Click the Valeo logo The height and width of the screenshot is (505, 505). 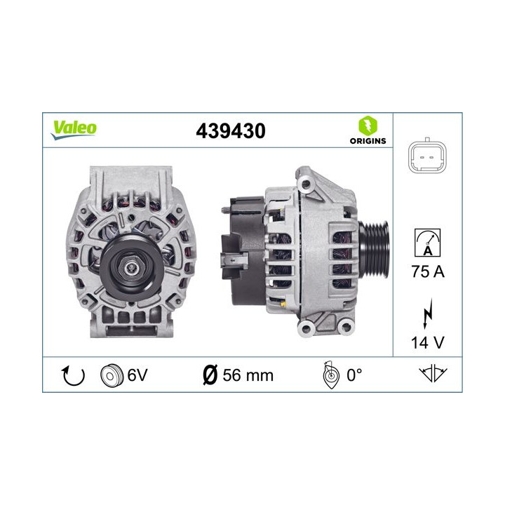point(74,129)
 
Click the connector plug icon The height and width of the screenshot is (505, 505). point(427,157)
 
